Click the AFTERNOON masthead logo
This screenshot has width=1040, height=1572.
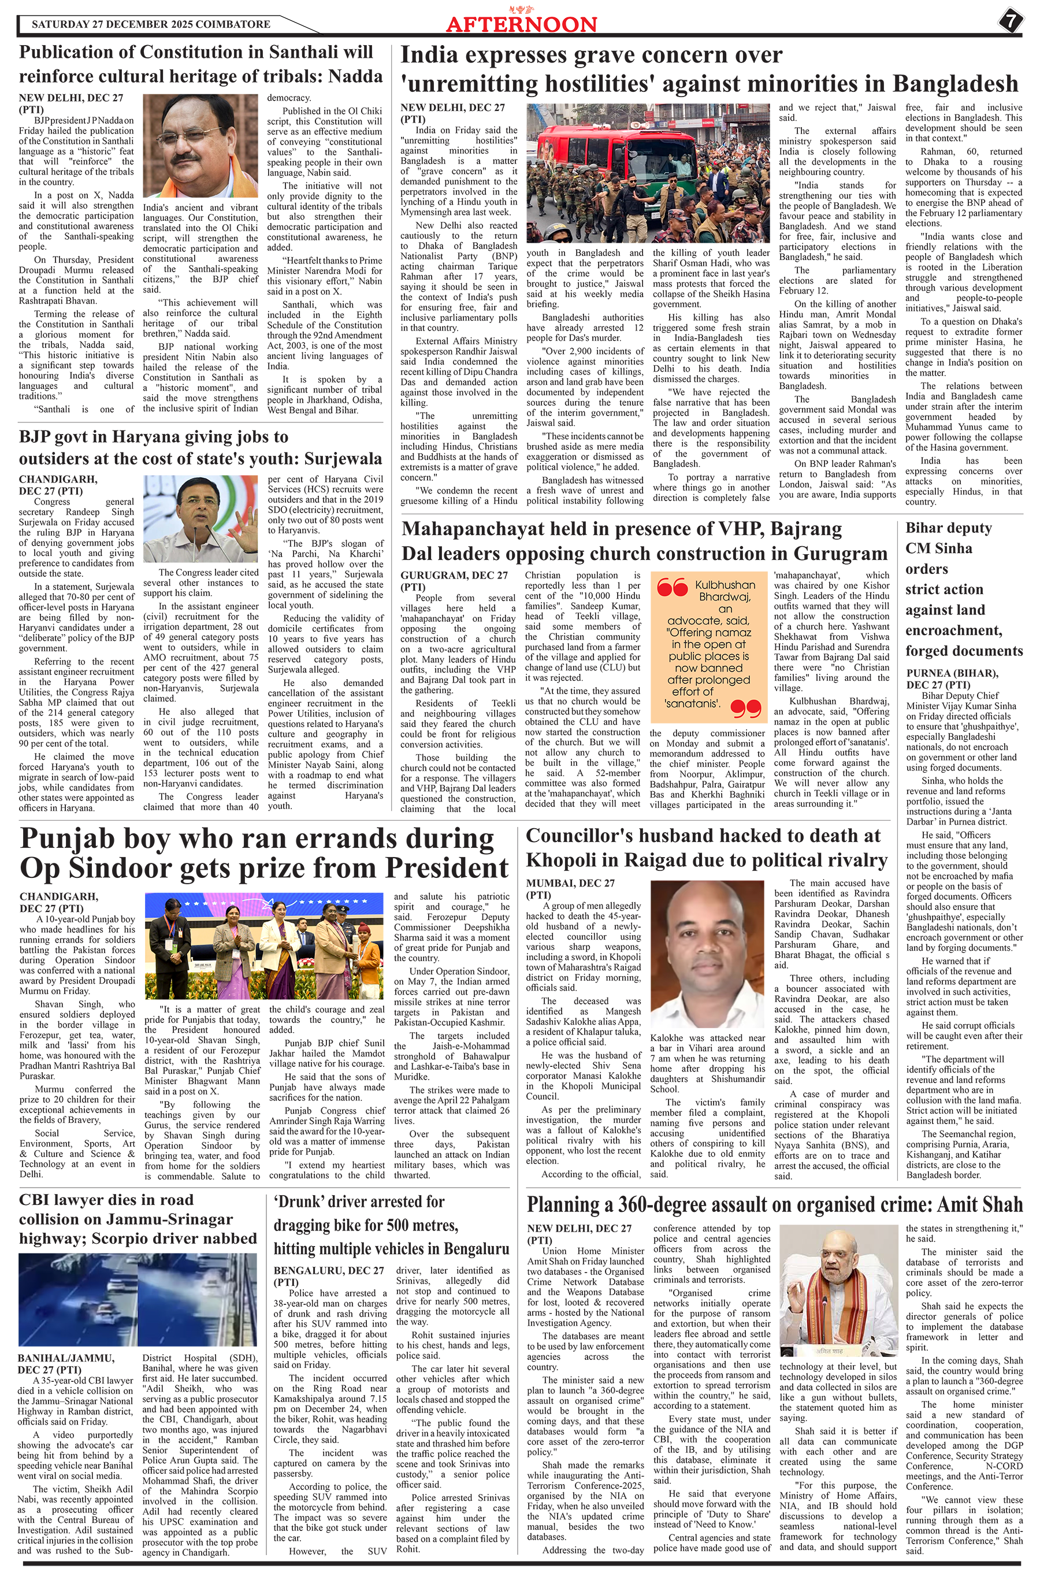[x=521, y=23]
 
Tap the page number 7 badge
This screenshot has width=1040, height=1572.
[x=1009, y=21]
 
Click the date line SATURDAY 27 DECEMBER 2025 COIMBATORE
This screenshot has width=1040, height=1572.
[x=151, y=24]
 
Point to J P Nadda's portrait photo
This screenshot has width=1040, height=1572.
[x=200, y=145]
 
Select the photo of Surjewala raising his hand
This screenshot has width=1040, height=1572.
[x=200, y=518]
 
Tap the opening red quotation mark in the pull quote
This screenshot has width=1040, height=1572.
[x=671, y=588]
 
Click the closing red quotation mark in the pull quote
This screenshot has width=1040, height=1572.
[x=745, y=709]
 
